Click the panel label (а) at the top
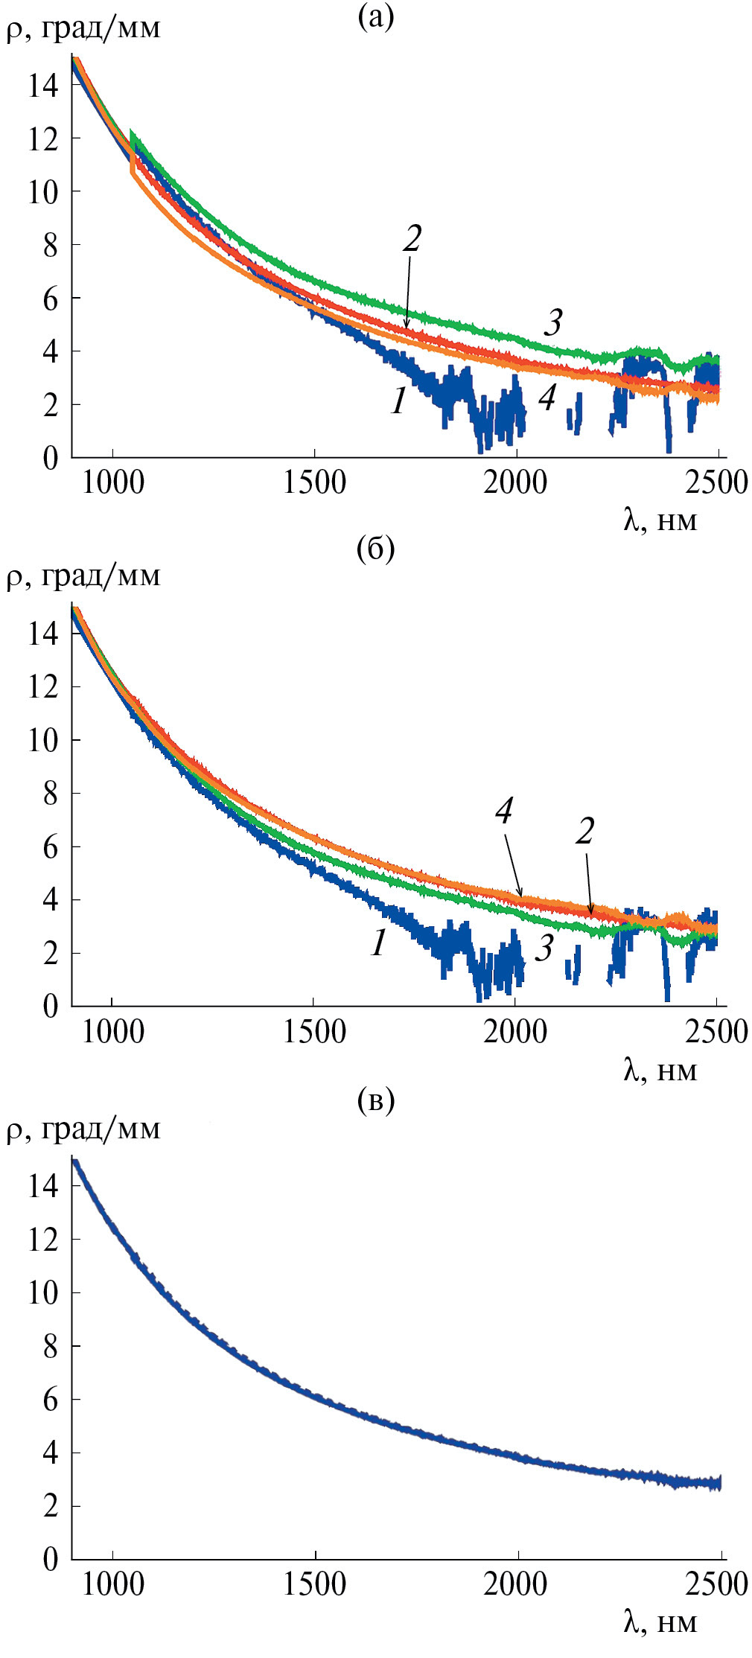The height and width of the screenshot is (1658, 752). (375, 16)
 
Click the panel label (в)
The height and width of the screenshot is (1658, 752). (375, 1100)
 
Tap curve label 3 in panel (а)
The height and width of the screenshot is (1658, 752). (552, 322)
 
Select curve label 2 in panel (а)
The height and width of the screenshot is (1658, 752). (412, 238)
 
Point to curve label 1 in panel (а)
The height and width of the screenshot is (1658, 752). (399, 401)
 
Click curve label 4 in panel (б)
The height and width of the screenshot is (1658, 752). (504, 810)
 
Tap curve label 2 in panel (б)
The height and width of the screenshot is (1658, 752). (584, 831)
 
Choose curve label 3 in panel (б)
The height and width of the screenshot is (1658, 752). (545, 947)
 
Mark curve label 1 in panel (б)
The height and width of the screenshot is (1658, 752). (379, 943)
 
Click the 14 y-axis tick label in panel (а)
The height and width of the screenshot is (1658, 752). (42, 85)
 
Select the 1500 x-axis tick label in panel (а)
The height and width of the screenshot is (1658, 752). (314, 482)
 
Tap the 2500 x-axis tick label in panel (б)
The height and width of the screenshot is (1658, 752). (717, 1032)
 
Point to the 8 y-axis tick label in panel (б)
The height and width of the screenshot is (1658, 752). (50, 794)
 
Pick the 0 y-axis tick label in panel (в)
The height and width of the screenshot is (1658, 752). (50, 1558)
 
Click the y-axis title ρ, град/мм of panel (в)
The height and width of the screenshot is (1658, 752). (83, 1129)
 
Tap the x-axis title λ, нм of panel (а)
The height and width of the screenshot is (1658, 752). (660, 520)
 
